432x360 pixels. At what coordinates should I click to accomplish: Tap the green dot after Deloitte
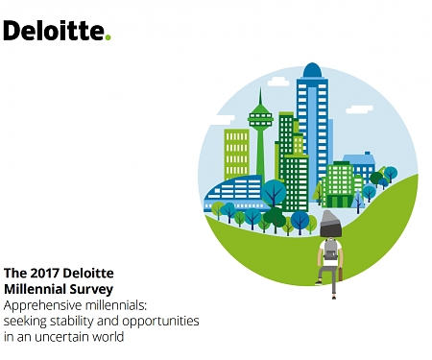[x=108, y=37]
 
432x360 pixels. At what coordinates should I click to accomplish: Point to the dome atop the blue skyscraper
[x=312, y=72]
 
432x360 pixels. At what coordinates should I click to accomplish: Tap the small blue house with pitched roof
[x=361, y=165]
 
